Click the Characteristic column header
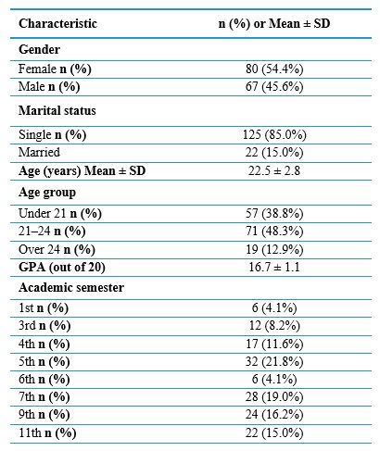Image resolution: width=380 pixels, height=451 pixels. [x=57, y=23]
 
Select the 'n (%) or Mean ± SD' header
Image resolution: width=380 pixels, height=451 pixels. [x=274, y=23]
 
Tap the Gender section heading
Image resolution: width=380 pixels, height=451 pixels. [x=39, y=49]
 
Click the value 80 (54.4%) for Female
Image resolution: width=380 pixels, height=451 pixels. [x=274, y=69]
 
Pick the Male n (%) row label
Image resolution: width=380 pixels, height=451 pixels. [x=49, y=87]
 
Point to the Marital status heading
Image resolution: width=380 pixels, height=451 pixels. [x=57, y=110]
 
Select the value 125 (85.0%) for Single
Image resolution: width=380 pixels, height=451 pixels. [x=274, y=134]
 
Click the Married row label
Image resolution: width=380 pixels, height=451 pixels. [x=39, y=152]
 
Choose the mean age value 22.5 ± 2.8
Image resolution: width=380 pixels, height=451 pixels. [x=274, y=170]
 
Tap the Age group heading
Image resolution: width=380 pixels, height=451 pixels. [x=47, y=193]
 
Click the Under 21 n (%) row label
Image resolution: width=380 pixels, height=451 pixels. [x=60, y=213]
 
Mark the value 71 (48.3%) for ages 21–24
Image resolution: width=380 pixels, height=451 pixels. [x=274, y=232]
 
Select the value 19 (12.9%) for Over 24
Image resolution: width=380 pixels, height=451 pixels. [x=274, y=249]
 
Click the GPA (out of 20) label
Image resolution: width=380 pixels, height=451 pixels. [x=62, y=268]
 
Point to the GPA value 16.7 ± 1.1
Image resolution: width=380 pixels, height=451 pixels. [x=274, y=267]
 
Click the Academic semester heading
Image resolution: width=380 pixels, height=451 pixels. [x=71, y=287]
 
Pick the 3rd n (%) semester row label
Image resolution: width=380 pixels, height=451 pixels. [x=44, y=326]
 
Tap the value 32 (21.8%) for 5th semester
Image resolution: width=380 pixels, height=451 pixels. [x=274, y=361]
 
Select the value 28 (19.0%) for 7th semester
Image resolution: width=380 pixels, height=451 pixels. [x=274, y=397]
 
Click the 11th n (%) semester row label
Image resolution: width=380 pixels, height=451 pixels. [x=47, y=433]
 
